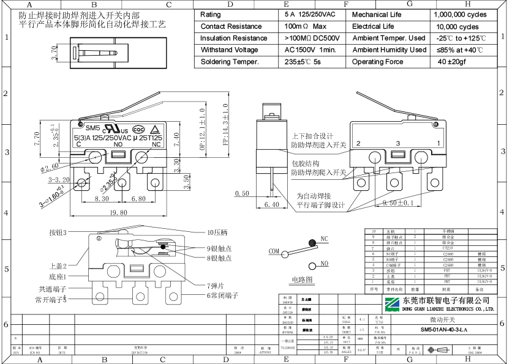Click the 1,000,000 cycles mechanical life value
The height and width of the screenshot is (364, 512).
pos(460,14)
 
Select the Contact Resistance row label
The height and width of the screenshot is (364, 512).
pos(230,26)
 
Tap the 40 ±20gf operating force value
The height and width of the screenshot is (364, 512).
pos(452,62)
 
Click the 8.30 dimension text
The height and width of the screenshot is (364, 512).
pos(102,199)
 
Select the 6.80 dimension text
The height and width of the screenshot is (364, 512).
pos(138,199)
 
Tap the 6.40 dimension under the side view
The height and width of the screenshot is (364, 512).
pos(271,204)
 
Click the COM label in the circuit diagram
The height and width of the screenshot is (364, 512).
pos(273,251)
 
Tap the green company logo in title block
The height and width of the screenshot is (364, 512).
pos(391,304)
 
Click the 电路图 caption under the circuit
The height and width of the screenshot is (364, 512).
pos(302,280)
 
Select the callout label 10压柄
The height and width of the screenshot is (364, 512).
pos(217,232)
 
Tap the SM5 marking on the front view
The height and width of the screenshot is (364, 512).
pos(92,128)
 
